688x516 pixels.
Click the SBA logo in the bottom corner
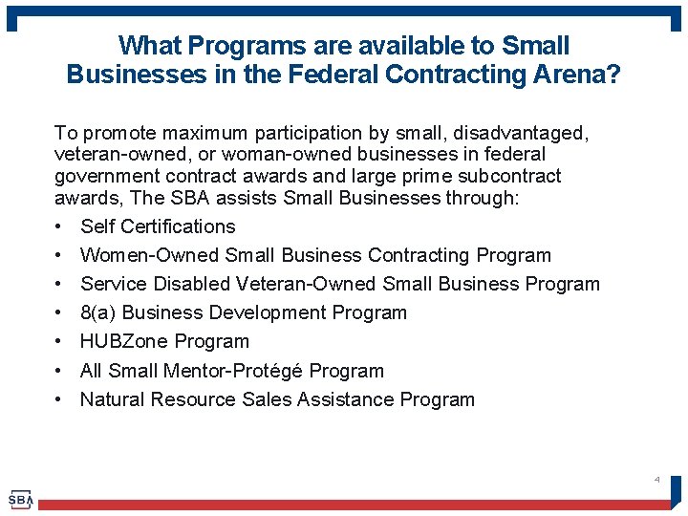point(21,499)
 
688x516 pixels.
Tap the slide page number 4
point(657,478)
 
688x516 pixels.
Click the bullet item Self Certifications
point(158,226)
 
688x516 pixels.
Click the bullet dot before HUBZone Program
point(59,342)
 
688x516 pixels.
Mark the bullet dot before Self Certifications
point(59,227)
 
